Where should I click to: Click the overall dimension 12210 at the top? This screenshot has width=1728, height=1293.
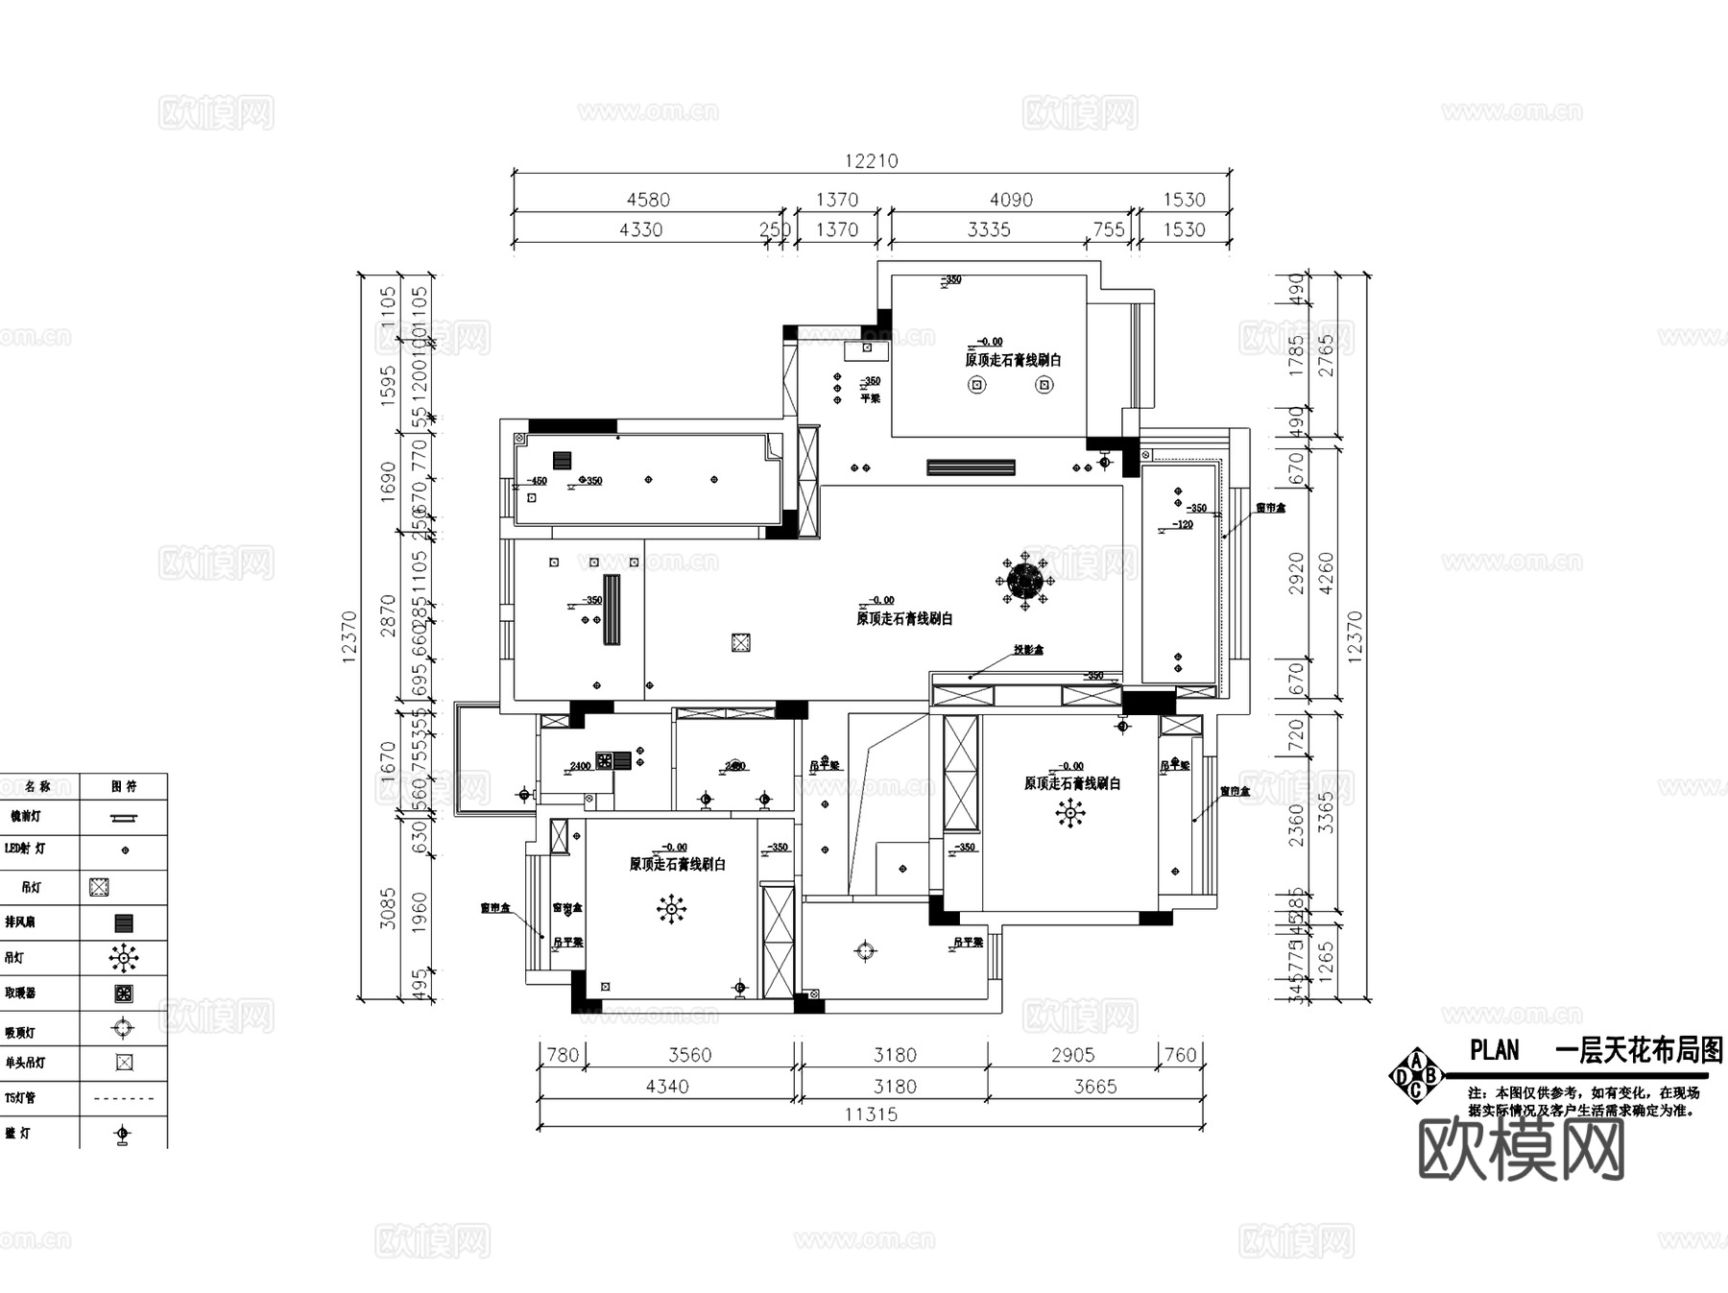coord(871,161)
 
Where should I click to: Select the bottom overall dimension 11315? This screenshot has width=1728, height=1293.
coord(871,1114)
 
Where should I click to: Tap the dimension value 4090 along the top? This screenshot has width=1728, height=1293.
coord(1011,200)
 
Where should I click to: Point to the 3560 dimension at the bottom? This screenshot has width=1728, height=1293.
coord(689,1055)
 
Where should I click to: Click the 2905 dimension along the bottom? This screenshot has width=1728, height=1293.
coord(1072,1055)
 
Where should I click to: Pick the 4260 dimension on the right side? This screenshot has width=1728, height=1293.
coord(1327,572)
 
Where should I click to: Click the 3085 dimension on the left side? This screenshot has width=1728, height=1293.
coord(388,907)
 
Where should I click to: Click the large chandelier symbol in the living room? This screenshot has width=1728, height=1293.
coord(1025,580)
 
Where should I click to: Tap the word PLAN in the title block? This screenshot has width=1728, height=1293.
coord(1494,1050)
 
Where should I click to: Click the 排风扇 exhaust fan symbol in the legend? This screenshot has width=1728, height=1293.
coord(123,923)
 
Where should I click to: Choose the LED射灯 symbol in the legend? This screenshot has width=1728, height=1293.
coord(124,850)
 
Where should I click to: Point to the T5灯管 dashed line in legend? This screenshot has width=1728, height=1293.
coord(124,1098)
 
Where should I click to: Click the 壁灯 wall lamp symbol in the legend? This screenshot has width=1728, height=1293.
coord(122,1135)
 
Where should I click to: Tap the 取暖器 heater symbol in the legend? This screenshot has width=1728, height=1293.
coord(123,994)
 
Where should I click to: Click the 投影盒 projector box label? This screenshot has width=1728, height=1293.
coord(1028,650)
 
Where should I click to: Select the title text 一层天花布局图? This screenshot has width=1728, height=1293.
coord(1638,1050)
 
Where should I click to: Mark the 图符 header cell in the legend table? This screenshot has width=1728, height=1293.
coord(124,786)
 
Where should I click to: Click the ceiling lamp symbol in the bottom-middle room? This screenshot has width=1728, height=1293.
coord(865,951)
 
